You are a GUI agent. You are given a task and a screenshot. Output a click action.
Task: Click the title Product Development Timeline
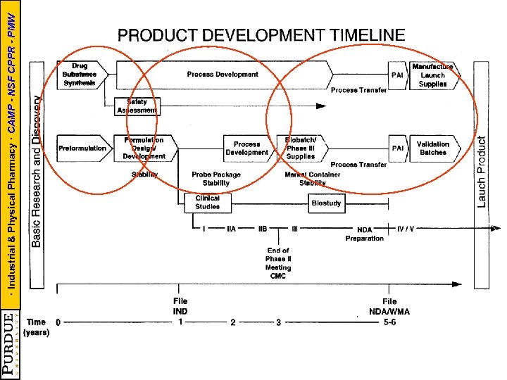tap(261, 34)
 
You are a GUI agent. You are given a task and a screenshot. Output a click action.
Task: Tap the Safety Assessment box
tap(137, 106)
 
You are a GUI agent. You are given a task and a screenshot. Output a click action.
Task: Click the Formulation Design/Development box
tap(144, 148)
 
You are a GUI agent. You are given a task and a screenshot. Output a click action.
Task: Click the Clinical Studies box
tap(207, 203)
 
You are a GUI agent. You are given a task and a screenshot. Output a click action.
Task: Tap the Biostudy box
tap(326, 203)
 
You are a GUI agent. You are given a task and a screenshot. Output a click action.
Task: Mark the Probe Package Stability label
tap(216, 179)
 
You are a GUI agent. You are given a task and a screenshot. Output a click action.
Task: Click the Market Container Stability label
tap(313, 179)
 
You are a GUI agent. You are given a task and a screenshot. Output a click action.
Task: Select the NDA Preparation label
tap(365, 234)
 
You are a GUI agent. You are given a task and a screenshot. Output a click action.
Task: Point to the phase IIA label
tap(231, 229)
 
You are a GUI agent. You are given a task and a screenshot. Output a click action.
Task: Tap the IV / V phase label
tap(406, 229)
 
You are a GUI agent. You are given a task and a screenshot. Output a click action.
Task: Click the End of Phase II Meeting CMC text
tap(278, 262)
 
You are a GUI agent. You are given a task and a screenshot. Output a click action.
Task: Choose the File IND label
tap(180, 306)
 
